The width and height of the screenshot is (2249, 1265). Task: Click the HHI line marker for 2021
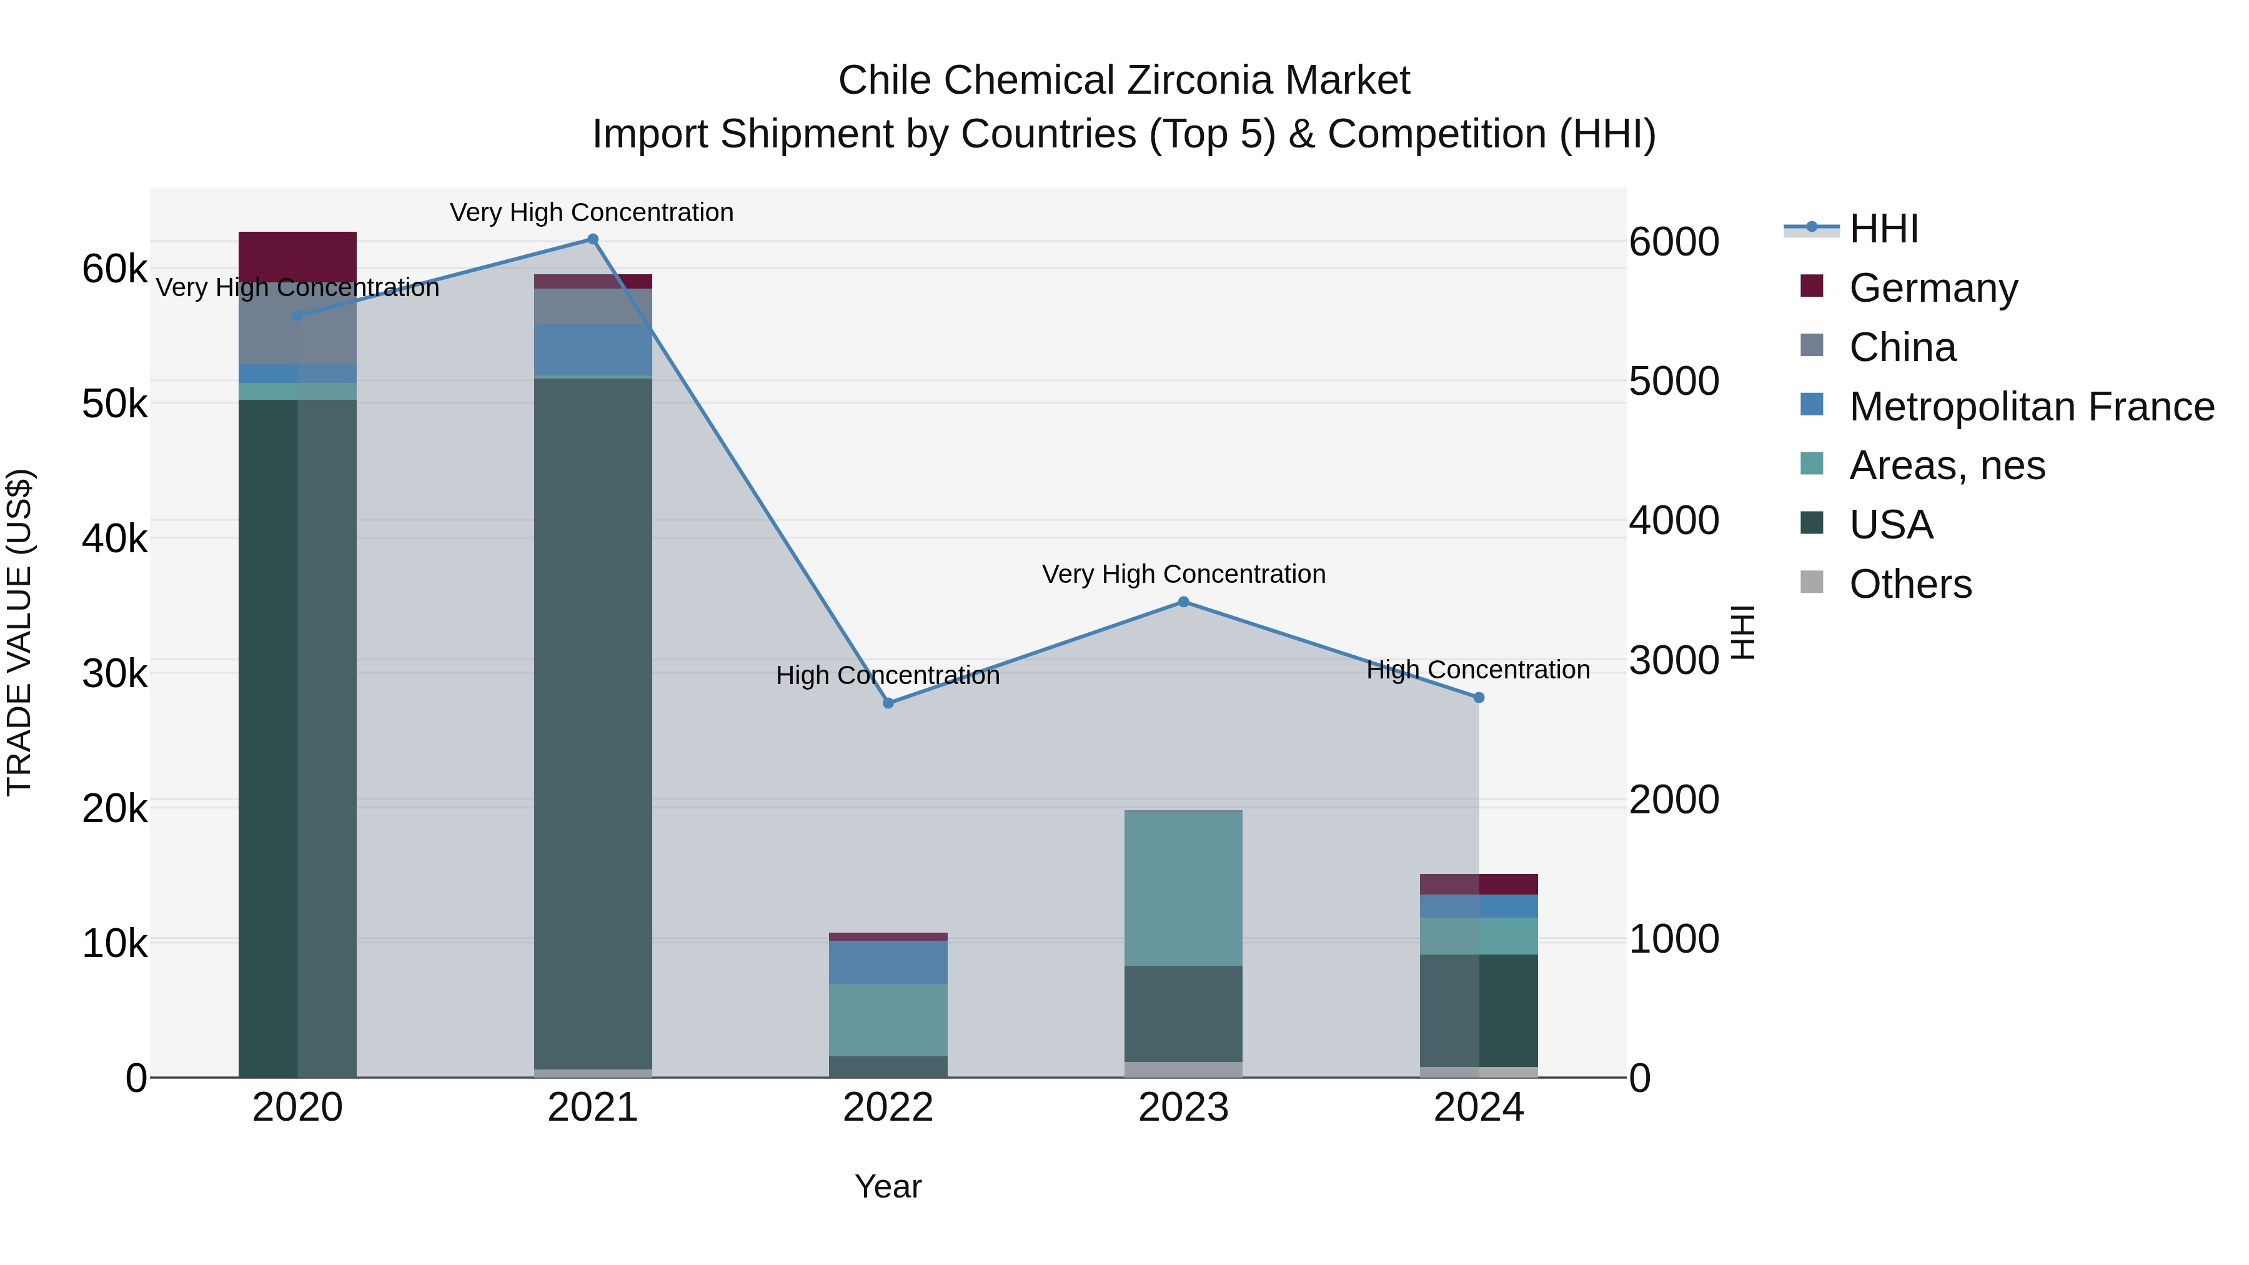click(592, 239)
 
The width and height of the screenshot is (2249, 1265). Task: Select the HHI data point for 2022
click(888, 703)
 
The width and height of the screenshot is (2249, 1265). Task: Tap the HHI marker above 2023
click(1183, 602)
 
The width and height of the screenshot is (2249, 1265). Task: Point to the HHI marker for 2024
click(1478, 698)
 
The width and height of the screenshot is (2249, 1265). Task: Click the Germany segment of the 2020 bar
click(297, 255)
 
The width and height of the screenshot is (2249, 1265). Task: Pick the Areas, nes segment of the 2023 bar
click(1183, 887)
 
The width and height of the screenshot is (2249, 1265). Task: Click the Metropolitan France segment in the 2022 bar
click(888, 962)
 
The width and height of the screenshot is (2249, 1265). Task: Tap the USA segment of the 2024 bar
click(1478, 1010)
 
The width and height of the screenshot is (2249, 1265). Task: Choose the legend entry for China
click(1902, 347)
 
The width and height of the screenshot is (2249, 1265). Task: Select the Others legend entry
click(1909, 584)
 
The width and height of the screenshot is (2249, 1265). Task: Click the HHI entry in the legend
click(1883, 229)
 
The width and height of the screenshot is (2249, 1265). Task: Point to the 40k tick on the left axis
click(114, 538)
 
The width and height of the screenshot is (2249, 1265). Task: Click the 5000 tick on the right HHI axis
click(1674, 382)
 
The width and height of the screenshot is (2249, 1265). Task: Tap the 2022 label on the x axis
click(888, 1108)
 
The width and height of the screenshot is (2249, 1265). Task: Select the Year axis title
click(888, 1186)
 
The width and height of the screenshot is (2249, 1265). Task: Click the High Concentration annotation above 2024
click(1477, 670)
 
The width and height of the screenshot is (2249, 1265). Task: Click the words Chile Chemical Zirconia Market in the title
click(1124, 81)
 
